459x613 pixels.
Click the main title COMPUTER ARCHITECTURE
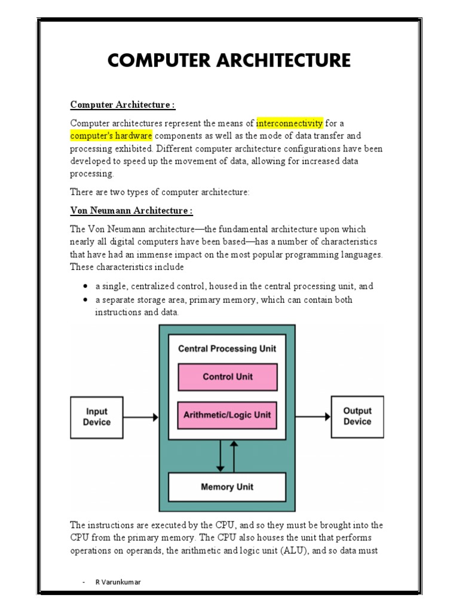[229, 60]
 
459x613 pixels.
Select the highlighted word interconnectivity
[290, 123]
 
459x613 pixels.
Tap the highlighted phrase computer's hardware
[111, 136]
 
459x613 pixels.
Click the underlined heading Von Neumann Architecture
[131, 211]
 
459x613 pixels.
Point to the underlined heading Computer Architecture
[123, 105]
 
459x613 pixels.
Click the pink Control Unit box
[228, 377]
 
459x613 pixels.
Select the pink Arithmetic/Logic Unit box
[228, 415]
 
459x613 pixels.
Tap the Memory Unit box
[228, 487]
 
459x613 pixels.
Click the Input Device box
[97, 416]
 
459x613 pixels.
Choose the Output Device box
[357, 416]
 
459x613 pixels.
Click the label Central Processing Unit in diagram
[228, 349]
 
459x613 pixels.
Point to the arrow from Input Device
[141, 417]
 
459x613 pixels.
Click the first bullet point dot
[86, 287]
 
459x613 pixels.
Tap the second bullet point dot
[86, 299]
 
